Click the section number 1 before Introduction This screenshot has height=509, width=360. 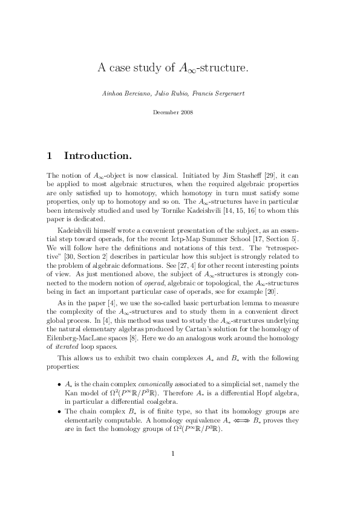pos(49,156)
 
